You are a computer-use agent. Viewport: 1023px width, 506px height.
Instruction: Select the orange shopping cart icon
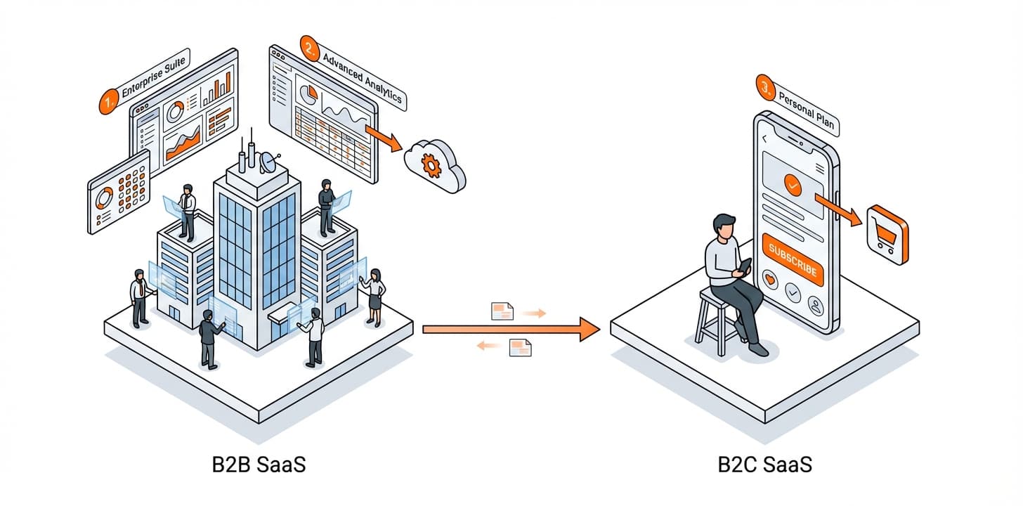tap(887, 235)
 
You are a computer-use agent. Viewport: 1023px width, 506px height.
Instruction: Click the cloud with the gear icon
tap(434, 164)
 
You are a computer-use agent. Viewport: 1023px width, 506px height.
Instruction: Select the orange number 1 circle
tap(107, 103)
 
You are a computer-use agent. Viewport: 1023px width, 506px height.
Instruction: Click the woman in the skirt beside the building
tap(374, 295)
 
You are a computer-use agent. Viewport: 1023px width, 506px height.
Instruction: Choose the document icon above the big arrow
tap(502, 311)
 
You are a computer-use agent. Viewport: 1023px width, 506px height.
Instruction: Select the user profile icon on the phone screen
tap(816, 306)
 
